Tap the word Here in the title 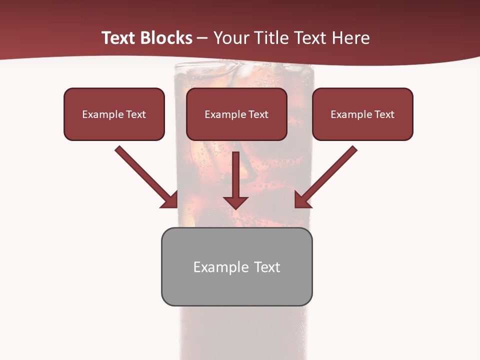[x=350, y=38]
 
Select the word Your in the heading [x=231, y=38]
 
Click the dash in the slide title [x=203, y=38]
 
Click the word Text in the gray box [x=267, y=267]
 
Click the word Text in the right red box [x=384, y=114]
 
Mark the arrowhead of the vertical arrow [x=236, y=202]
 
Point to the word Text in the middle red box [x=258, y=114]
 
